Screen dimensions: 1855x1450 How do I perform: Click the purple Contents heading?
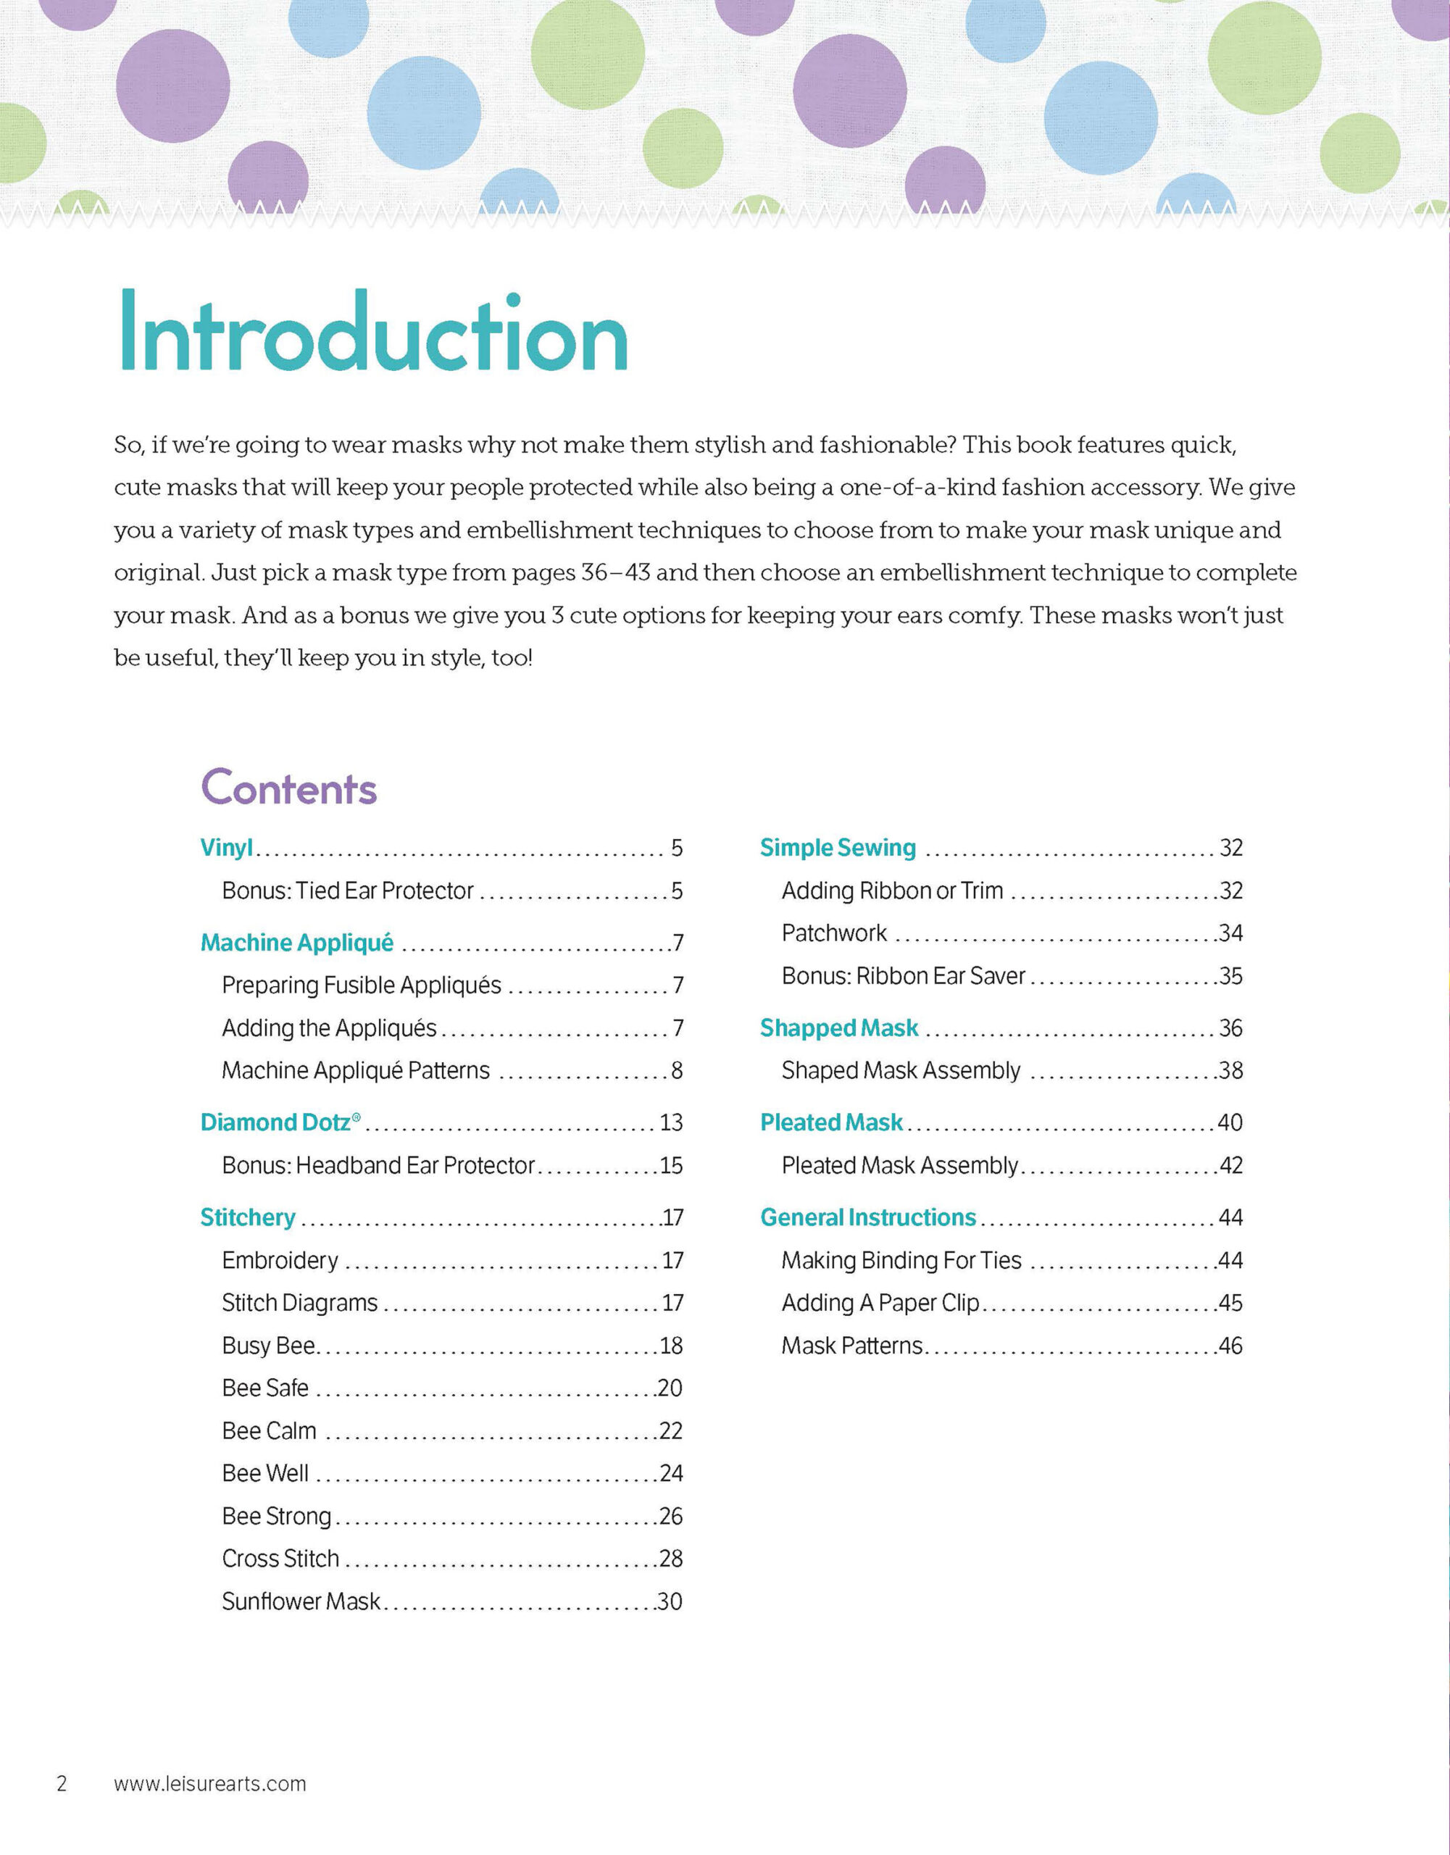(x=289, y=788)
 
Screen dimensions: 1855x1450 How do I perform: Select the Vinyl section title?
(x=227, y=848)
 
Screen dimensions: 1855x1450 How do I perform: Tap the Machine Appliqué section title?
(x=297, y=943)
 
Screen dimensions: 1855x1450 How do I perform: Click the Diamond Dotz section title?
(x=276, y=1123)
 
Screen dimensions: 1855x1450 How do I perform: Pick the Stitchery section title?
(x=248, y=1218)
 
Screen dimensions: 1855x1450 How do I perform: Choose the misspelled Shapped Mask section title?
(x=839, y=1028)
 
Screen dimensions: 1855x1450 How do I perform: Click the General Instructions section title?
(x=868, y=1218)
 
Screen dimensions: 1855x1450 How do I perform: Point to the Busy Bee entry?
(x=268, y=1346)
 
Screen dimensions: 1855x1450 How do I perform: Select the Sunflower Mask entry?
(x=301, y=1602)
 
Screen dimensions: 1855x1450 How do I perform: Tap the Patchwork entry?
(x=834, y=933)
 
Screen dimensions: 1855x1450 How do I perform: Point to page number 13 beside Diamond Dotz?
(x=671, y=1123)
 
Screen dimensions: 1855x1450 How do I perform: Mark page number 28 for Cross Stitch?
(x=671, y=1559)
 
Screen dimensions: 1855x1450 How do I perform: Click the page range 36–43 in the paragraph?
(x=616, y=573)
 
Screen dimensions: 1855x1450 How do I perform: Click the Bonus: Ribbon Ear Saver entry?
(x=904, y=977)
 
